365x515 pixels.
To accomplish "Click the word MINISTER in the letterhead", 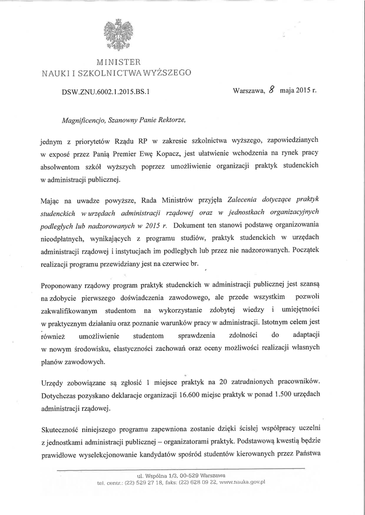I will click(x=116, y=63).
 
